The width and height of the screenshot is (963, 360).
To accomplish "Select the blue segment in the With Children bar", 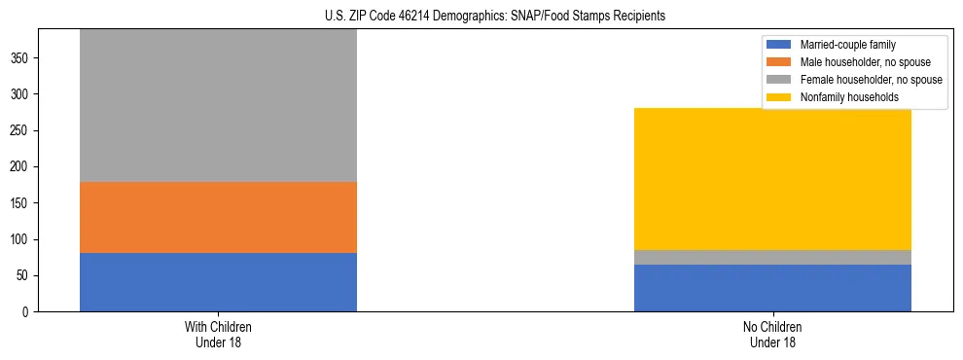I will click(218, 282).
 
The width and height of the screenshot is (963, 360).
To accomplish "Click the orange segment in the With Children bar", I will click(218, 217).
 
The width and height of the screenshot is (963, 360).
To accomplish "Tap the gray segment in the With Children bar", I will click(218, 105).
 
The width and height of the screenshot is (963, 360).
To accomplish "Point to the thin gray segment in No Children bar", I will click(772, 257).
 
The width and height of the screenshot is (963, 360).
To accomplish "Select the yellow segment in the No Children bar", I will click(772, 178).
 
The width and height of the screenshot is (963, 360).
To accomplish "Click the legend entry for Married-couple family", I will click(847, 45).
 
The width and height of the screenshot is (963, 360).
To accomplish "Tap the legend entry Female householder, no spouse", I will click(869, 80).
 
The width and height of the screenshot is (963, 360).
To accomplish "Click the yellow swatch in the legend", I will click(780, 97).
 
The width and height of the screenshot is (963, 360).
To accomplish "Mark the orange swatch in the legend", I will click(780, 62).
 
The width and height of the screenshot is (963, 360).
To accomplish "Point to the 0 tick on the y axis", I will click(27, 312).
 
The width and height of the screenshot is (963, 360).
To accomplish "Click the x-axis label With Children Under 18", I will click(218, 334).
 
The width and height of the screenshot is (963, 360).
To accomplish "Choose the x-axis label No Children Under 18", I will click(772, 334).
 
